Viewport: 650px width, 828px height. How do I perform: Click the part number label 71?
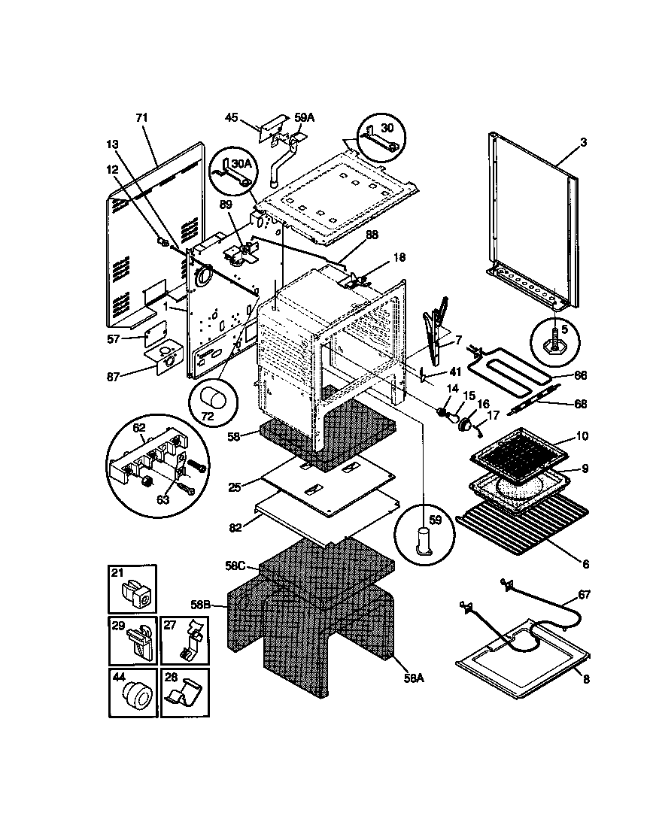[141, 118]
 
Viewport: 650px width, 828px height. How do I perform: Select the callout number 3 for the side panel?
[584, 141]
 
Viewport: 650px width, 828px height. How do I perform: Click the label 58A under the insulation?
[414, 676]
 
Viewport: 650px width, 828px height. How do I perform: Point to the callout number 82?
[236, 529]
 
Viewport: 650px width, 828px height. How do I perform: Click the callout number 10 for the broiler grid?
[582, 436]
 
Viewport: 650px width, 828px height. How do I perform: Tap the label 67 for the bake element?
[585, 594]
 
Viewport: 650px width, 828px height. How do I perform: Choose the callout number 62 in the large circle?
[138, 429]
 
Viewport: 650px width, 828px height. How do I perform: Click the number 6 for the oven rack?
[585, 563]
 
